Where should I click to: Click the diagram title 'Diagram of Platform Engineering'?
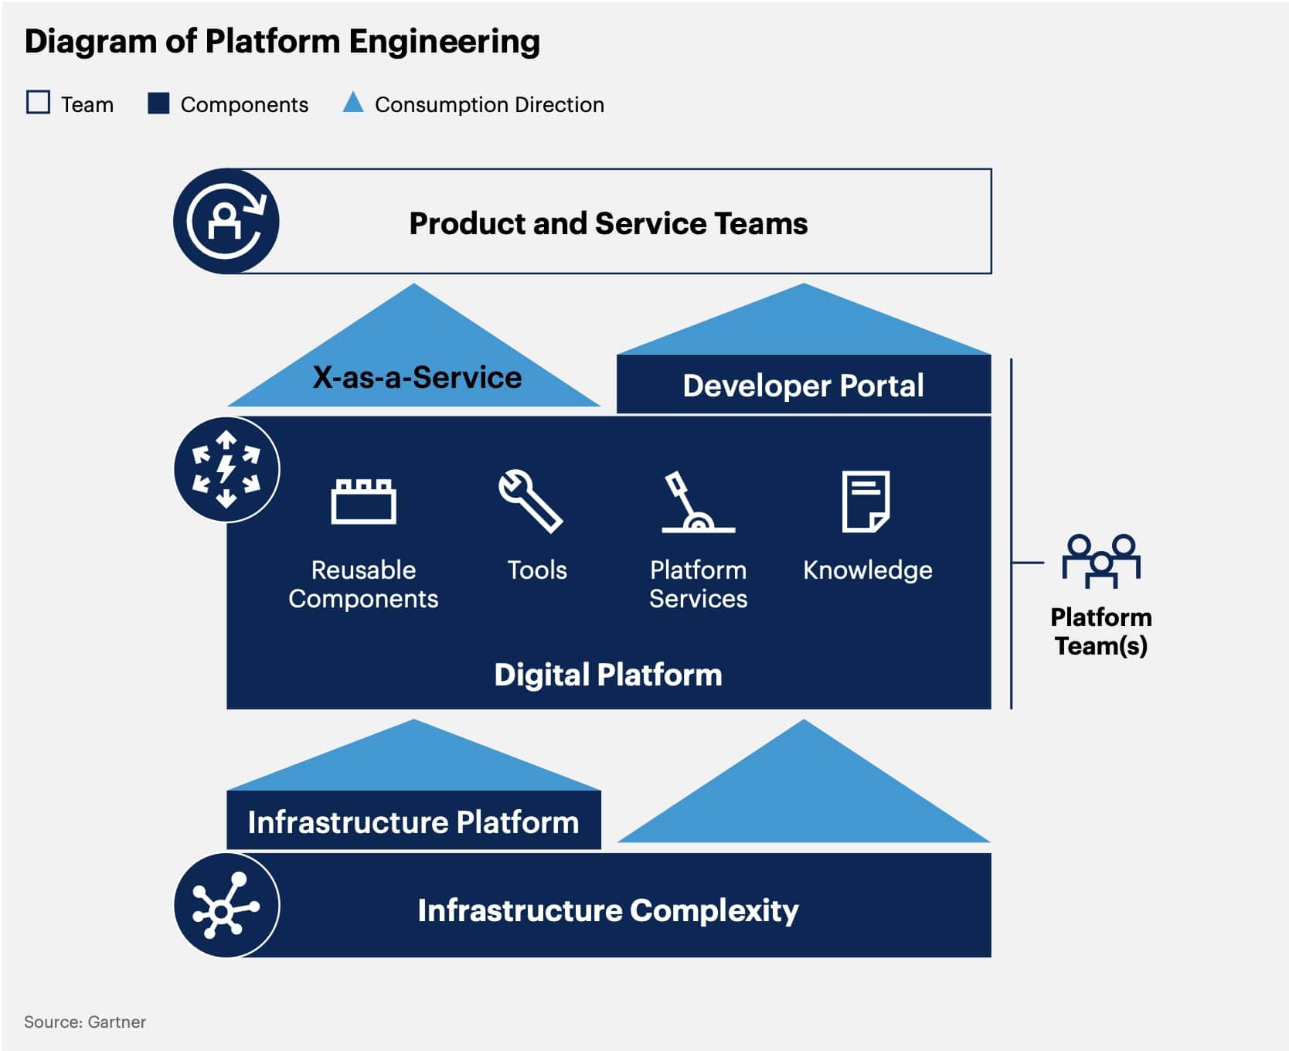282,42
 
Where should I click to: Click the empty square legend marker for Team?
38,103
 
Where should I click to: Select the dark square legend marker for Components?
158,103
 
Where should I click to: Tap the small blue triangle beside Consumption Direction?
353,104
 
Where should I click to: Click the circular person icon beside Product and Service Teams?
226,222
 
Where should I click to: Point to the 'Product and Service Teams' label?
608,223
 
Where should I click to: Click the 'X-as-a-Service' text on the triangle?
417,378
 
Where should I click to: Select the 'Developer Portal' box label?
803,386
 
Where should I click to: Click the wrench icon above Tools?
531,501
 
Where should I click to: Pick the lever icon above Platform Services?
696,503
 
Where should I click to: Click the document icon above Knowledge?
866,502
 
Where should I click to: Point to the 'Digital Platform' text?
608,675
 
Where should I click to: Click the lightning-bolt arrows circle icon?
226,469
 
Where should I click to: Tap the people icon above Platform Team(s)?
1100,560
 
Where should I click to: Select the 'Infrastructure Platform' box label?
413,822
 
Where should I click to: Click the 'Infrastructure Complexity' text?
608,910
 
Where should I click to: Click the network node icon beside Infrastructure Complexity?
226,906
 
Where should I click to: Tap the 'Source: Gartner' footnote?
85,1022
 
